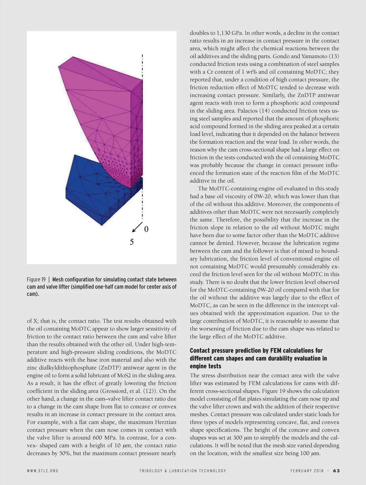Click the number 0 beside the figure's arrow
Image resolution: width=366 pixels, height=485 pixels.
click(146, 229)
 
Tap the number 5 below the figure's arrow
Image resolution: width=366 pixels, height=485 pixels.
click(131, 242)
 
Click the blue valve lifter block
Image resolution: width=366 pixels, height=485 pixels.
click(91, 195)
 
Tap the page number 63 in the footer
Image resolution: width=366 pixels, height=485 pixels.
click(336, 471)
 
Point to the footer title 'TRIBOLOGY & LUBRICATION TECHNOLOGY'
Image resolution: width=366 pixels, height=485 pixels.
click(182, 471)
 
